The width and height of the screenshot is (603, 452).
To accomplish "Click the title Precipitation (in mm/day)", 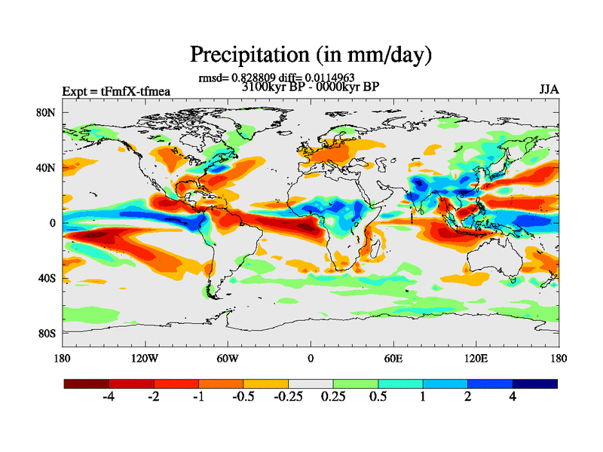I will [x=310, y=54].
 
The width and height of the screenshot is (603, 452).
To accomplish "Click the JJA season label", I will [x=549, y=89].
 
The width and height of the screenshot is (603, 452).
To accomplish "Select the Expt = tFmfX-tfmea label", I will [x=116, y=92].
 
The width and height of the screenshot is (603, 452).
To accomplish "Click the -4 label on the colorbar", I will [x=109, y=397].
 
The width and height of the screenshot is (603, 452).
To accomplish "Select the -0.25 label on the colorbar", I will [x=288, y=397].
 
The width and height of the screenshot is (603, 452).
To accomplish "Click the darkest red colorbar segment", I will [x=87, y=383].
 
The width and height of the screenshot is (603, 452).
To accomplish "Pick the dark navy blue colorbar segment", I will [x=535, y=383].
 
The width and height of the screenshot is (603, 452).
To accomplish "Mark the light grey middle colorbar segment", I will [x=311, y=383].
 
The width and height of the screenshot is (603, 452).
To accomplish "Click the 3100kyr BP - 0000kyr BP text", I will [x=310, y=87].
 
